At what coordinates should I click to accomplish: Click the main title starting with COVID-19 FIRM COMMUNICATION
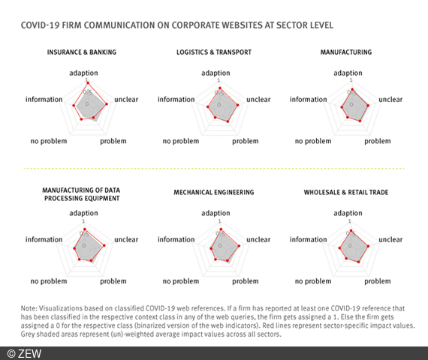tap(177, 25)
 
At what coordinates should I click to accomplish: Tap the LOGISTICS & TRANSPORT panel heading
tap(213, 53)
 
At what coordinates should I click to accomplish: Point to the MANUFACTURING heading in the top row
tap(345, 53)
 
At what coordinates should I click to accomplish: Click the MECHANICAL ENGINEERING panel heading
tap(213, 193)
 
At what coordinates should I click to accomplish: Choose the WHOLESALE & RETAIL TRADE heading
tap(345, 193)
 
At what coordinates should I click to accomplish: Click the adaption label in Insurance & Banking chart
tap(84, 73)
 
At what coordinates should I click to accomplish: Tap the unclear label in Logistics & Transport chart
tap(258, 99)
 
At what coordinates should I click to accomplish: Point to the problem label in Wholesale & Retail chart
tap(378, 281)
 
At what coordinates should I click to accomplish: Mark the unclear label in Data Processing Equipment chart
tap(126, 239)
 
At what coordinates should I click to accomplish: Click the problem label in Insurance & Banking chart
tap(113, 141)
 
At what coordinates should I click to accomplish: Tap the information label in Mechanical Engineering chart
tap(176, 239)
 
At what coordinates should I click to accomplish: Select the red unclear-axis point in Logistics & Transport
tap(237, 105)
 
